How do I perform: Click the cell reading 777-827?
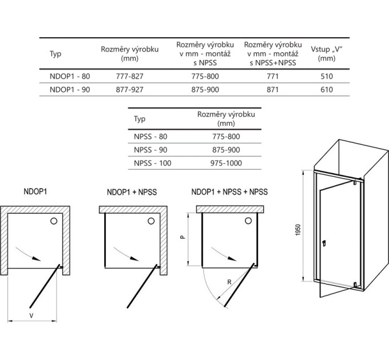coord(129,76)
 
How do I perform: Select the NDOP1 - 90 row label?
coord(70,90)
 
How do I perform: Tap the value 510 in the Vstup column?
coord(327,76)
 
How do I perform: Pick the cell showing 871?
coord(273,90)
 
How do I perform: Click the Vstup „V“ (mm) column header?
coord(327,54)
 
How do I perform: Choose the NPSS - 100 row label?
coord(153,163)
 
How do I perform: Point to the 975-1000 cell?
coord(226,163)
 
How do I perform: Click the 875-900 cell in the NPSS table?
coord(226,150)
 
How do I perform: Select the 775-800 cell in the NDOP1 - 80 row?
coord(205,76)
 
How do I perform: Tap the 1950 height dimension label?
coord(298,230)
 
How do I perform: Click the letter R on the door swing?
coord(229,282)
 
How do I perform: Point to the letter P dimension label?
coord(182,237)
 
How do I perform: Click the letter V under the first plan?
coord(31,315)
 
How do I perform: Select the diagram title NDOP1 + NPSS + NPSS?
coord(229,192)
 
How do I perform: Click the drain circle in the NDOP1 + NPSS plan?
coord(151,221)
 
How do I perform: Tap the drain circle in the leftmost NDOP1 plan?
coord(54,221)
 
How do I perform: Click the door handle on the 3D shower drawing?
coord(324,243)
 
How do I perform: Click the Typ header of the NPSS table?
coord(140,119)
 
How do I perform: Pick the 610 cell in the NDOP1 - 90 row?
coord(327,90)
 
